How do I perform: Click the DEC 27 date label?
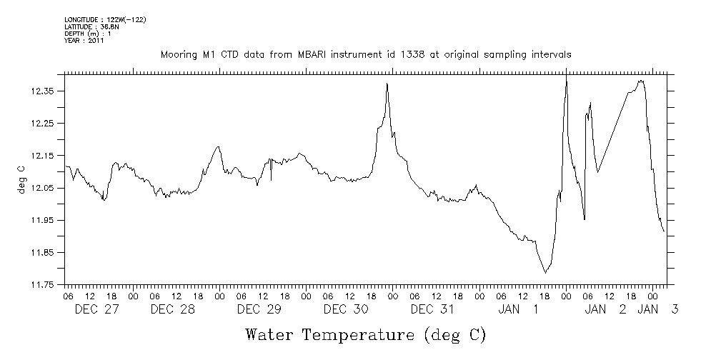(x=97, y=309)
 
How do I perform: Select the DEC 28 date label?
(x=173, y=309)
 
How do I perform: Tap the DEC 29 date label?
(x=259, y=309)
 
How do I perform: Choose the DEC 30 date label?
(x=345, y=309)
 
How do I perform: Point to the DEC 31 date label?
(x=432, y=309)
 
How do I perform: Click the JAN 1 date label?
(x=518, y=309)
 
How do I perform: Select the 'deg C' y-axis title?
(x=21, y=179)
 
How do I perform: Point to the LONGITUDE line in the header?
(x=105, y=19)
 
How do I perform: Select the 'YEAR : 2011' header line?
(x=84, y=41)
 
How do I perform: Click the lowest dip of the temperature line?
(x=545, y=272)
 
